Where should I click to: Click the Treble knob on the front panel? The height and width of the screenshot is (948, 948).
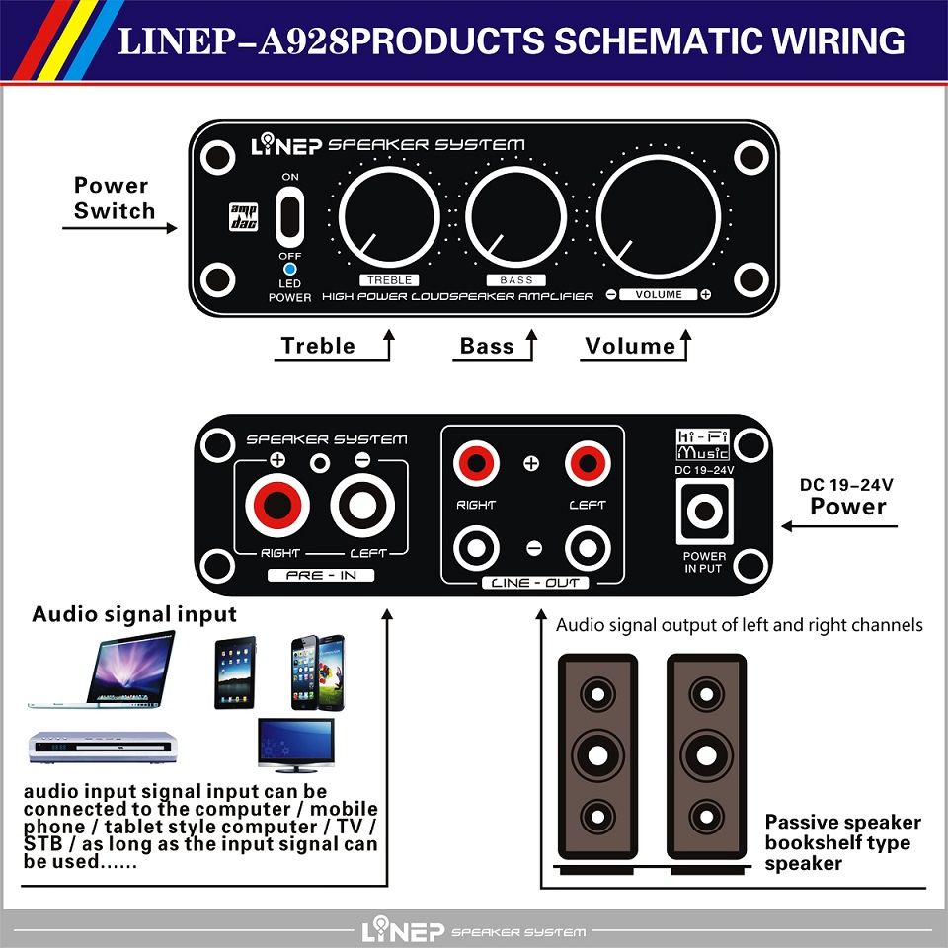pyautogui.click(x=389, y=216)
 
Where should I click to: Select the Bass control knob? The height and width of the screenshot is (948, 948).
pyautogui.click(x=515, y=216)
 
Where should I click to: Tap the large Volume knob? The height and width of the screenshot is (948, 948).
pyautogui.click(x=658, y=216)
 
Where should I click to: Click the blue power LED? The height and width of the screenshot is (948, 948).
pyautogui.click(x=290, y=269)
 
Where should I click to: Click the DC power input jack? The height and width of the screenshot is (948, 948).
pyautogui.click(x=704, y=512)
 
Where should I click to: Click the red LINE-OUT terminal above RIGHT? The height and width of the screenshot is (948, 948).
pyautogui.click(x=475, y=461)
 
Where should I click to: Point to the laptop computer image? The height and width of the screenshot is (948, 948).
pyautogui.click(x=109, y=671)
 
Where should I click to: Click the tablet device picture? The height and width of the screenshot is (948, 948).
pyautogui.click(x=235, y=673)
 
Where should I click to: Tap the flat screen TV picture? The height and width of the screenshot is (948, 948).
pyautogui.click(x=294, y=743)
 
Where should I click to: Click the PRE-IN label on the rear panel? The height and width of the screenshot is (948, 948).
pyautogui.click(x=321, y=575)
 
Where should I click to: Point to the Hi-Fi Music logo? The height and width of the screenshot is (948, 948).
pyautogui.click(x=703, y=445)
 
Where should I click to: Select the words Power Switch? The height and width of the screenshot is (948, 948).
pyautogui.click(x=114, y=197)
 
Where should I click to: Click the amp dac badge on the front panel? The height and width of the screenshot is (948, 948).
pyautogui.click(x=242, y=217)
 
